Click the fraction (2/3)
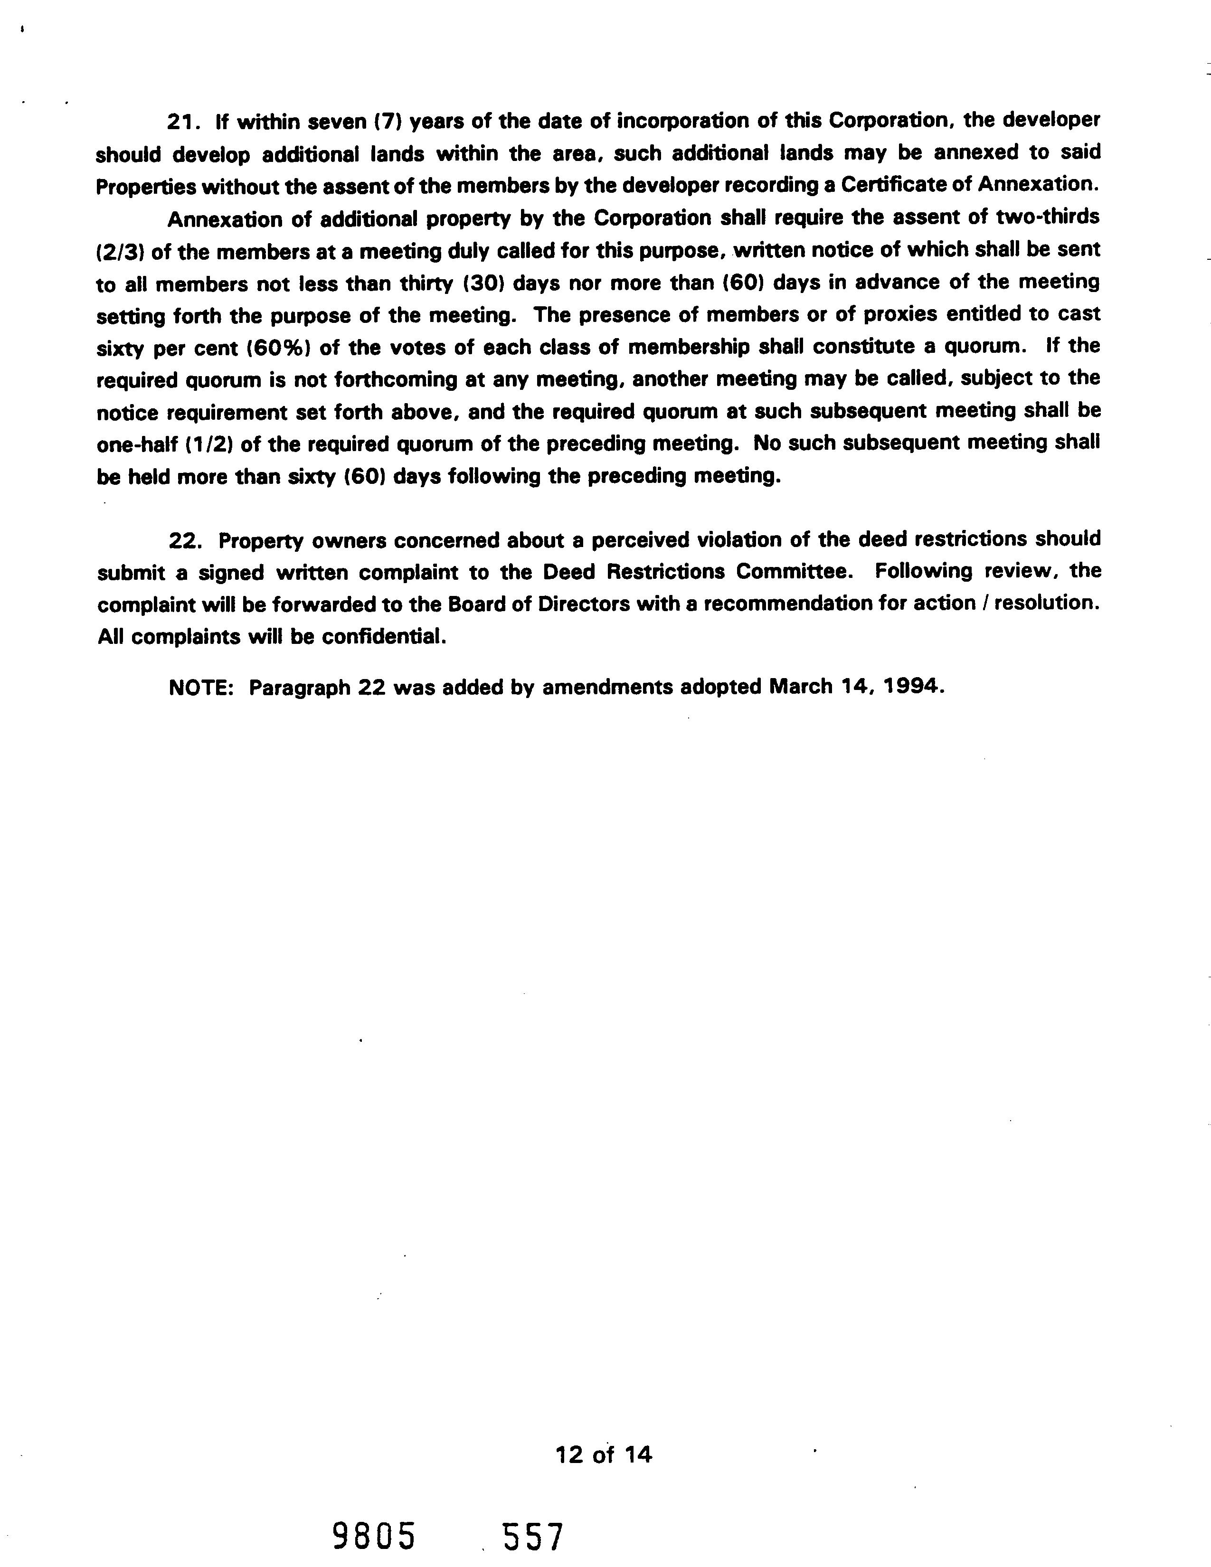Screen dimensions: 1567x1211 coord(117,253)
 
